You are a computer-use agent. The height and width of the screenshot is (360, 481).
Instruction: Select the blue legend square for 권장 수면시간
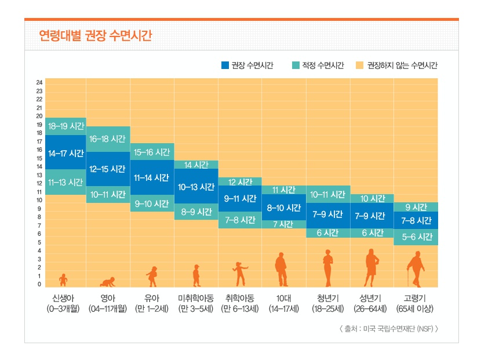[225, 66]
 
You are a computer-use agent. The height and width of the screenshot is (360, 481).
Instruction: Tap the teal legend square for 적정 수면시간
[296, 66]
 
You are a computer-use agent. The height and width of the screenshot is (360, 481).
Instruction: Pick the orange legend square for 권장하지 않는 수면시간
[359, 66]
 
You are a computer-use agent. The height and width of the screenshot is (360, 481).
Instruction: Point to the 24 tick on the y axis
[39, 82]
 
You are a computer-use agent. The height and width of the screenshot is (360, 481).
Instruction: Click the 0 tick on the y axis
[39, 285]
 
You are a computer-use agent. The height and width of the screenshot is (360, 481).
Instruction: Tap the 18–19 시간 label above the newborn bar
[65, 126]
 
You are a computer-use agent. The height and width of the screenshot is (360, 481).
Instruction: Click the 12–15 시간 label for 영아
[108, 169]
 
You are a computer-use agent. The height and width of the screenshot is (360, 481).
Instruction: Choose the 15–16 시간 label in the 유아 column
[152, 152]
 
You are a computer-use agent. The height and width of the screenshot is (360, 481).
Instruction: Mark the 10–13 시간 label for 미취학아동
[196, 187]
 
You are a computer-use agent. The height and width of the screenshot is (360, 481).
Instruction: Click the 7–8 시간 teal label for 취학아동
[239, 220]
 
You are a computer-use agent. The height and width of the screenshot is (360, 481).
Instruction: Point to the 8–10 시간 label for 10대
[283, 208]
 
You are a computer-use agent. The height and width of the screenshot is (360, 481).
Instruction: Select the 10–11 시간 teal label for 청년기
[327, 194]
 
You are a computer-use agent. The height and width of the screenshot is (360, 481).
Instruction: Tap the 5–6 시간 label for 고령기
[416, 237]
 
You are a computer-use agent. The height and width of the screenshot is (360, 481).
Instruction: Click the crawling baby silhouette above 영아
[108, 282]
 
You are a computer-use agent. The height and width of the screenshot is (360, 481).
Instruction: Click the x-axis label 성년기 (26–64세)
[371, 303]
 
